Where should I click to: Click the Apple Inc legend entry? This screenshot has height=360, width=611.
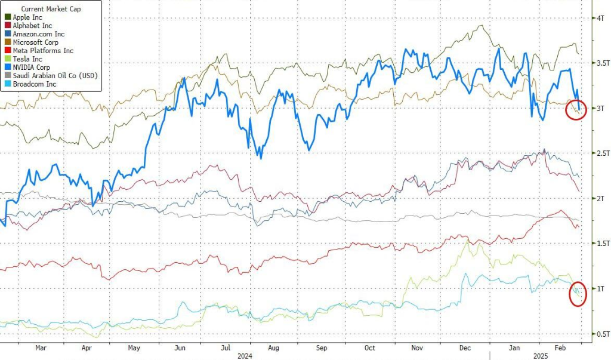click(x=29, y=18)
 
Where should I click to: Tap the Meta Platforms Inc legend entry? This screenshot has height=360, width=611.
click(x=42, y=51)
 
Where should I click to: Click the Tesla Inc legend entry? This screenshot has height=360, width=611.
click(x=27, y=59)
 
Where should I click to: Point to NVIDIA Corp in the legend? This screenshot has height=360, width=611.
click(x=34, y=67)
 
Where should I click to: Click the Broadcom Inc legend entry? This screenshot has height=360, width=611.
click(x=35, y=84)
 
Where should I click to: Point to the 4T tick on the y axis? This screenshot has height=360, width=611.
click(x=599, y=19)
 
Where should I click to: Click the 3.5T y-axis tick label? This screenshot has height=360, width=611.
click(x=601, y=63)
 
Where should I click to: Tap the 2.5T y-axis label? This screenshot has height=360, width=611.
click(x=601, y=153)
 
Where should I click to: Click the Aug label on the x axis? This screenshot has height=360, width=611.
click(x=273, y=347)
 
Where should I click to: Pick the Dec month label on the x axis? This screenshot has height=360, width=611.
click(x=465, y=347)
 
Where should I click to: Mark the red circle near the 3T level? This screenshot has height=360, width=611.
click(x=576, y=110)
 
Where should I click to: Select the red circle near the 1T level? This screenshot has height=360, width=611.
click(x=577, y=295)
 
